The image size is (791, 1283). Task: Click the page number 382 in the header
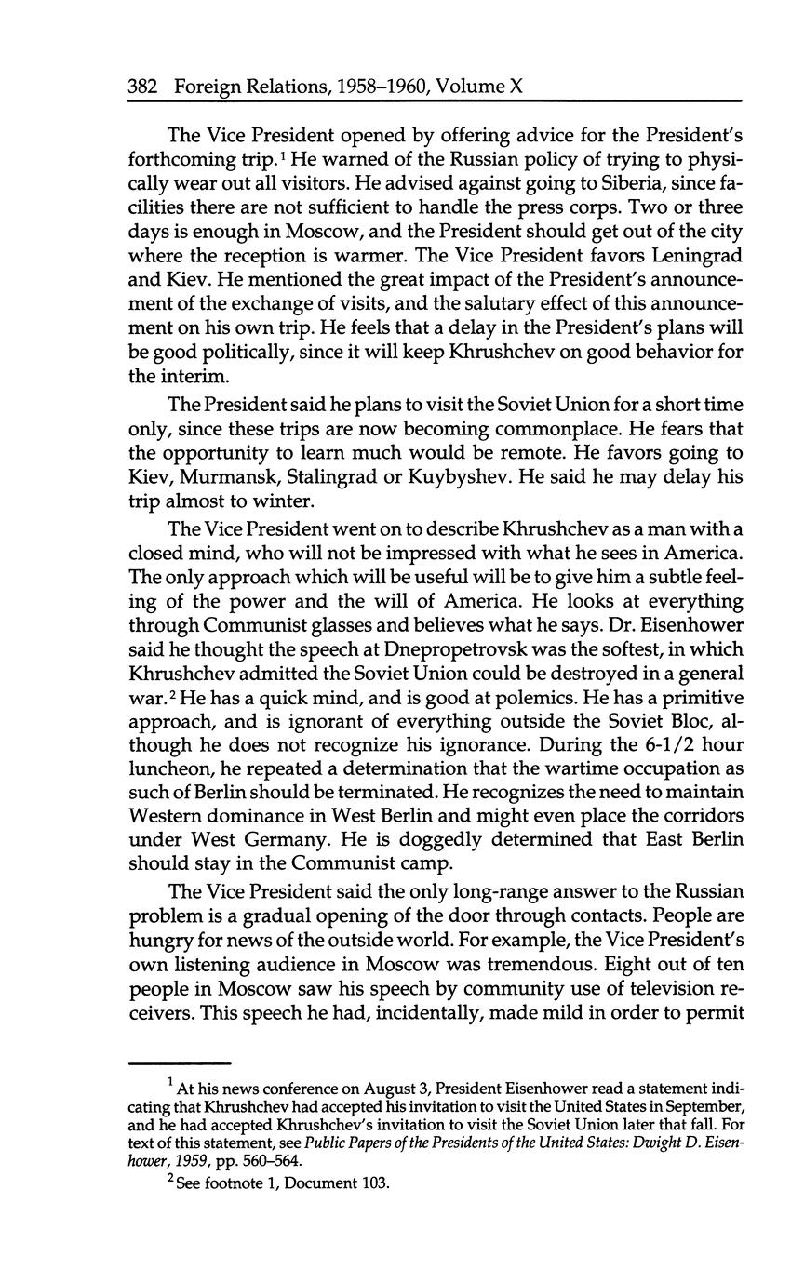[x=144, y=87]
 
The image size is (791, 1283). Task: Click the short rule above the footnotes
[x=179, y=1062]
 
